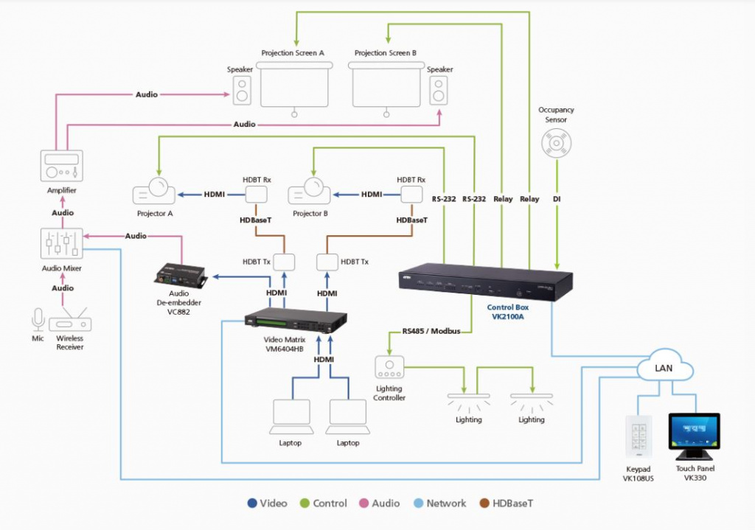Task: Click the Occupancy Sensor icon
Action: click(557, 143)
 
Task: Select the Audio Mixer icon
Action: click(62, 244)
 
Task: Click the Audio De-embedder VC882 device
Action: click(180, 276)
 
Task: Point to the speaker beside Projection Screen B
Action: click(439, 91)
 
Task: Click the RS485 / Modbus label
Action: click(431, 331)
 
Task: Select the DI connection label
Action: click(557, 199)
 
